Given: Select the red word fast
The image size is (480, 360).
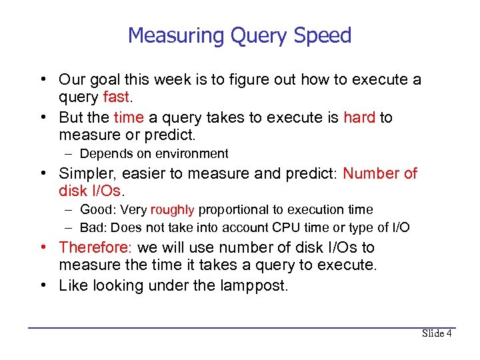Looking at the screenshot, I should pyautogui.click(x=117, y=97).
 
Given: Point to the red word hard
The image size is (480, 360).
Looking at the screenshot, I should pyautogui.click(x=359, y=117).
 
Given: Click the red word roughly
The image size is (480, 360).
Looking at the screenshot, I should pyautogui.click(x=172, y=210).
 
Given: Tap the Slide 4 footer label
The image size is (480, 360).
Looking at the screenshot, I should pyautogui.click(x=437, y=333).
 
